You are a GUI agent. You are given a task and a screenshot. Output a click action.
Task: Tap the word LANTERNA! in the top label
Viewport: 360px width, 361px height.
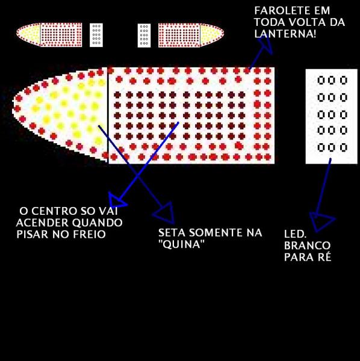[x=285, y=34]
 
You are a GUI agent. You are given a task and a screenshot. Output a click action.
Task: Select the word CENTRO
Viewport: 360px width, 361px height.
[x=53, y=211]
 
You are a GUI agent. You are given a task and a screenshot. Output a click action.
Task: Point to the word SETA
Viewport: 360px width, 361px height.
[x=172, y=232]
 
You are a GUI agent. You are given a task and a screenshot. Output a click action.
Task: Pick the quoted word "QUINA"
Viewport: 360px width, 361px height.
[x=182, y=244]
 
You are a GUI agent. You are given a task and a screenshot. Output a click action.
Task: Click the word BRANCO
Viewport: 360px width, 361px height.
[x=307, y=245]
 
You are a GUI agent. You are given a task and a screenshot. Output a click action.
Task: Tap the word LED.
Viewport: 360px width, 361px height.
[x=295, y=234]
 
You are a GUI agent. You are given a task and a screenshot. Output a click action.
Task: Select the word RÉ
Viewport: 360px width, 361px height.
[x=324, y=257]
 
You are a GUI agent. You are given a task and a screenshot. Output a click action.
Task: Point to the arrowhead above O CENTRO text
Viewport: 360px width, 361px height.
[x=116, y=200]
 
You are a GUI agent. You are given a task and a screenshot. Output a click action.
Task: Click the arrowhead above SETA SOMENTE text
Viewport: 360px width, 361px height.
[x=166, y=214]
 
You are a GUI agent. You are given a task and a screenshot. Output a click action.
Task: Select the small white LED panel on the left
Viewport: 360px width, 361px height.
[x=96, y=35]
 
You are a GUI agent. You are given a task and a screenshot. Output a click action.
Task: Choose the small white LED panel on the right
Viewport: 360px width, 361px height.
[x=144, y=35]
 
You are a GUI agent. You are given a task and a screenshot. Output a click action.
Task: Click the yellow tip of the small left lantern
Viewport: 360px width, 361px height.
[x=28, y=34]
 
